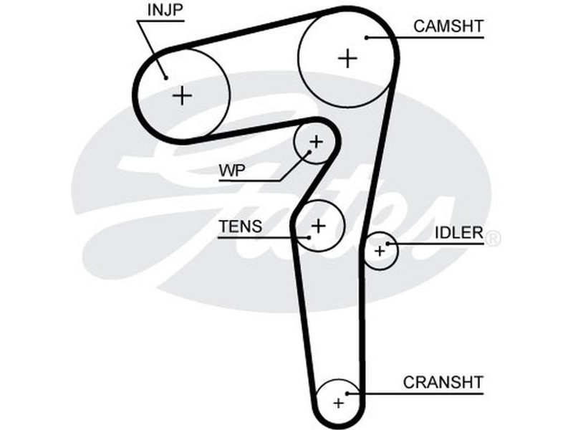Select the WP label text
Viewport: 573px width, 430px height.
(231, 171)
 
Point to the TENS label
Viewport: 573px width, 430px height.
(241, 226)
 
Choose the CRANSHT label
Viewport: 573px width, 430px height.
(443, 382)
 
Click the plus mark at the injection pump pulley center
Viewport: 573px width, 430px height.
(183, 95)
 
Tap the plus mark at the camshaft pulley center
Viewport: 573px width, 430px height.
(347, 57)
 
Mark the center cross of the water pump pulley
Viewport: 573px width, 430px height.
(316, 141)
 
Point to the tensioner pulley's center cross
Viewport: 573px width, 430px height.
(319, 226)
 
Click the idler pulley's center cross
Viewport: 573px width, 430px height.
(379, 251)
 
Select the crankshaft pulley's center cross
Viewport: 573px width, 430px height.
(338, 403)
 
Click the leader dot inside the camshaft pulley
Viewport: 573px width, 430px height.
(367, 37)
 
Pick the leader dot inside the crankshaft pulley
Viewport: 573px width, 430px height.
(348, 393)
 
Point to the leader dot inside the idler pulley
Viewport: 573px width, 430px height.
(388, 244)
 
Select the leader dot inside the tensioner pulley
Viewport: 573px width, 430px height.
(309, 236)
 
